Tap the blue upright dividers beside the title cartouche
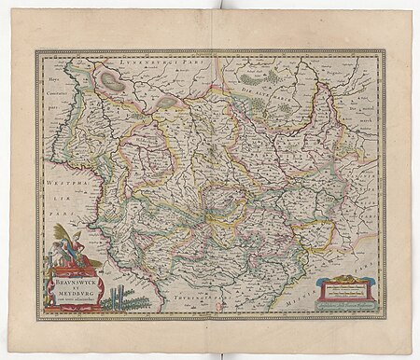111,300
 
